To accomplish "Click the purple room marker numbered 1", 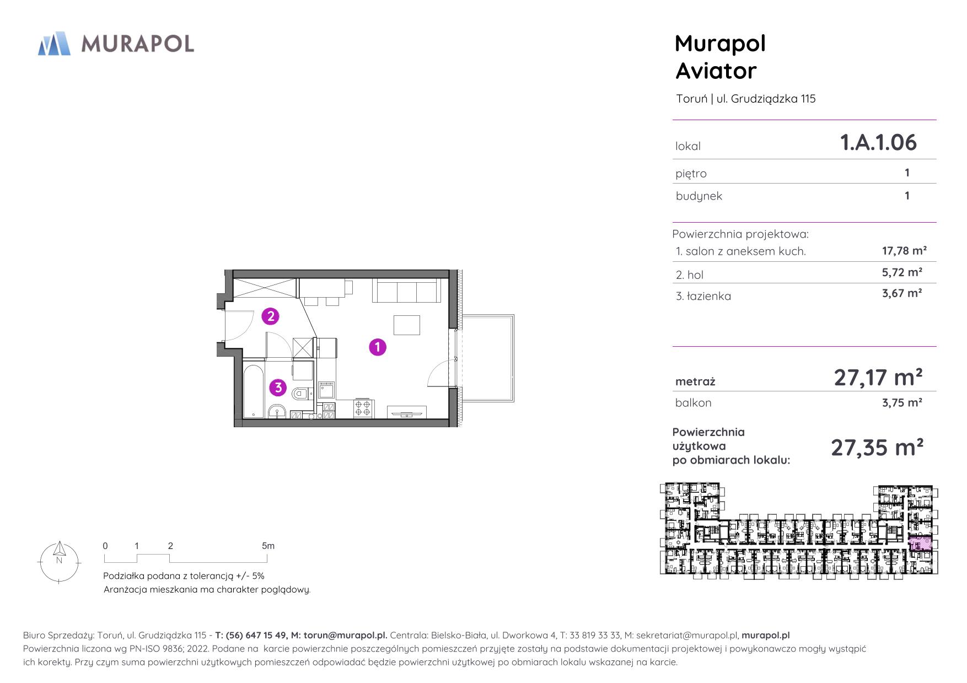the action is (x=377, y=347).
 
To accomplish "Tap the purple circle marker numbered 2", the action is (x=270, y=316).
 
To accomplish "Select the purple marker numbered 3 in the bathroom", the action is (x=278, y=388).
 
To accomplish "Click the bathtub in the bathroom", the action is (x=254, y=390).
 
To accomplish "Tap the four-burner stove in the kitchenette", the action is (x=362, y=408).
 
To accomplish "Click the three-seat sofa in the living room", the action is (x=406, y=291).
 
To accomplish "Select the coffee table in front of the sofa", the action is (x=407, y=325).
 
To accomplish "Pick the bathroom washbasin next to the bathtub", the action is (x=276, y=411).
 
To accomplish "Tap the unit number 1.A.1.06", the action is (x=878, y=142).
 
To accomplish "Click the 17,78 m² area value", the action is (x=904, y=251).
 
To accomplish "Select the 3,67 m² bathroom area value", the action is (x=902, y=293).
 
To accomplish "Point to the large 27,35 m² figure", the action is (x=877, y=448).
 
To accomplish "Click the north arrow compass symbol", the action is (x=60, y=562).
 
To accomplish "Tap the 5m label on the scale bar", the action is (x=268, y=546).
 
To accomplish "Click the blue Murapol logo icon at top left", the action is (x=54, y=44).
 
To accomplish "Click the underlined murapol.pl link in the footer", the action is (x=765, y=635).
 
